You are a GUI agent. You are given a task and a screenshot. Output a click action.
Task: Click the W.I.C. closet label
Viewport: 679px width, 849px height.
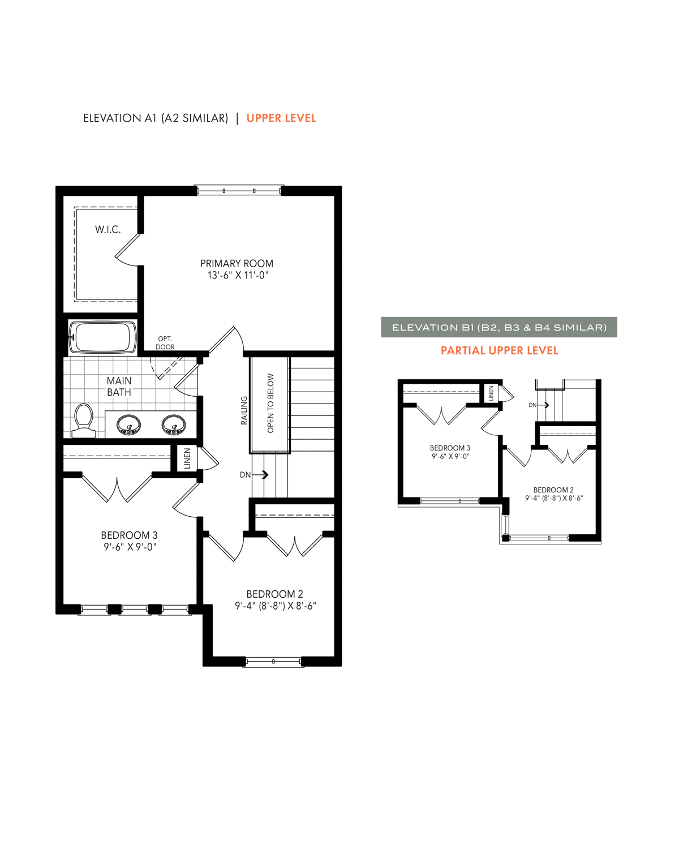click(108, 229)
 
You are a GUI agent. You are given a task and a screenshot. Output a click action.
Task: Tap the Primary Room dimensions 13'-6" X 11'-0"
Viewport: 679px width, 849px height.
click(238, 275)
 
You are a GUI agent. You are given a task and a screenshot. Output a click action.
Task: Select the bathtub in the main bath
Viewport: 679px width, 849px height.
click(102, 337)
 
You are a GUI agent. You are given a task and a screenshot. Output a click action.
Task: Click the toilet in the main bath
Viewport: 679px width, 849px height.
click(84, 421)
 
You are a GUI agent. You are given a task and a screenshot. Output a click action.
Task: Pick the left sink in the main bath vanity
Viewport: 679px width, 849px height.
click(128, 424)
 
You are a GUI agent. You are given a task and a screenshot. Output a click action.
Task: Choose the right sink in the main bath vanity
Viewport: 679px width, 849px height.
click(174, 424)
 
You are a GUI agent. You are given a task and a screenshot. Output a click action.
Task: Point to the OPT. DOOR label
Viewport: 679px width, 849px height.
click(165, 343)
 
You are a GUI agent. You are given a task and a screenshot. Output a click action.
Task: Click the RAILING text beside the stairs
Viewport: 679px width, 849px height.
click(244, 410)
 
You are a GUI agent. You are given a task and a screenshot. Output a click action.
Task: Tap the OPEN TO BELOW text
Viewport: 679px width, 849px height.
click(270, 403)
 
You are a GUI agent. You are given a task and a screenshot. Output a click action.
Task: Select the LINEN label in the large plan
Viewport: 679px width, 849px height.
click(187, 458)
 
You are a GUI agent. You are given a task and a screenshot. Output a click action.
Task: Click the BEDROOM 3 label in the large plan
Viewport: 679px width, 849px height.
click(129, 535)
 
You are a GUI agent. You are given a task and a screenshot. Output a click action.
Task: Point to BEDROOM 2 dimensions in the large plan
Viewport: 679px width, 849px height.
click(276, 606)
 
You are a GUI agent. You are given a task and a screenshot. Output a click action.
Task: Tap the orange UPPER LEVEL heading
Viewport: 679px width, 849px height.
click(281, 118)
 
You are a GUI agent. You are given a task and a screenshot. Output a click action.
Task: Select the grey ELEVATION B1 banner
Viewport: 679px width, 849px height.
click(498, 327)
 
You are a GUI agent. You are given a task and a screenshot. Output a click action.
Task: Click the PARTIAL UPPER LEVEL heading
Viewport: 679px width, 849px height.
click(500, 350)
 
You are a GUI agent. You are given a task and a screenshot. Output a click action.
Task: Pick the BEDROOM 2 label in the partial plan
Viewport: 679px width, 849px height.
click(553, 490)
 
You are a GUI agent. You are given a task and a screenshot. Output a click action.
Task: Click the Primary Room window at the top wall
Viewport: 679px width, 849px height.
click(239, 191)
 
